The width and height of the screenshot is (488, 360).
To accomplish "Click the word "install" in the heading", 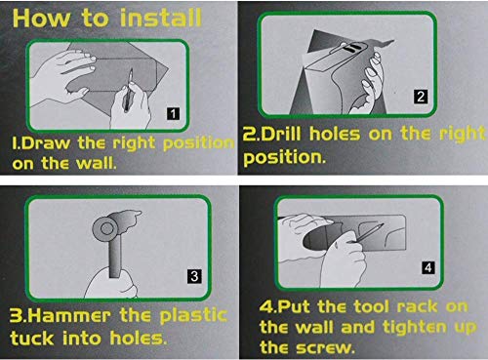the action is click(161, 19).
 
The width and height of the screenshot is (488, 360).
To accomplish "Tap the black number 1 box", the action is click(173, 113).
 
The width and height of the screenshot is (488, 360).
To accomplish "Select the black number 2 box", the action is click(421, 97).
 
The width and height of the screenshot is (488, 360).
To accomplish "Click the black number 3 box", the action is click(194, 276).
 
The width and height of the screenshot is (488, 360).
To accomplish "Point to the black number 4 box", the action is click(428, 267).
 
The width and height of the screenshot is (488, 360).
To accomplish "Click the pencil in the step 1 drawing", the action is click(128, 90).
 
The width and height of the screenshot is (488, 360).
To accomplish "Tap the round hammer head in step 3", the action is click(105, 228).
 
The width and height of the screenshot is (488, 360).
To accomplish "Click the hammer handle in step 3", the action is click(114, 256).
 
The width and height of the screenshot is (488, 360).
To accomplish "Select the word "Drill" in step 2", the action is click(281, 134).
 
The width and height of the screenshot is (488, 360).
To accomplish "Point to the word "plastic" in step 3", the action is click(193, 315).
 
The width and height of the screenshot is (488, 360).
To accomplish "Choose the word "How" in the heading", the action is click(41, 19).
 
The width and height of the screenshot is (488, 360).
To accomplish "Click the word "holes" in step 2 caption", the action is click(335, 134).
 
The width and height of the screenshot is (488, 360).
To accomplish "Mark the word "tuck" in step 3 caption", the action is click(32, 338).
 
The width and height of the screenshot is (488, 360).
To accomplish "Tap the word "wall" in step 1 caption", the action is click(97, 162).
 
